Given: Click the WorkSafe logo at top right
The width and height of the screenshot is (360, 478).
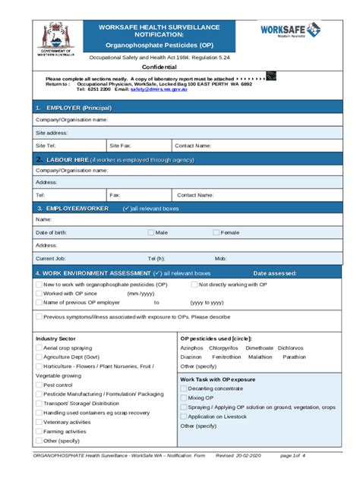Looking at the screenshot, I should coord(291,30).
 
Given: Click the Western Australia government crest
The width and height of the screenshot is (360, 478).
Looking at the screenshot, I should coord(55,36).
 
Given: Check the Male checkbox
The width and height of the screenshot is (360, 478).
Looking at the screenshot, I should coord(150,232).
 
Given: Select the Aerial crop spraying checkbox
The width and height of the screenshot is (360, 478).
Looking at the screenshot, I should coord(39,347).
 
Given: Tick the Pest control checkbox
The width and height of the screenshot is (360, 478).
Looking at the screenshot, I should coord(39,385).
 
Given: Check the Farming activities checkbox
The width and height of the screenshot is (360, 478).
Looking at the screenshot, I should coord(39,431).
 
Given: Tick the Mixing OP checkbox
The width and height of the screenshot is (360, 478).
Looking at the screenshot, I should coord(183,398).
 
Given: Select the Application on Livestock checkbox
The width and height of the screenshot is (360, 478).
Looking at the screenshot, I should coord(183,416).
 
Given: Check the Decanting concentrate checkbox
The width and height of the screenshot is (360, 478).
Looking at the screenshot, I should coord(183,388).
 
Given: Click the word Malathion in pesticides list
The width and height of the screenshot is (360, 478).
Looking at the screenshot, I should coord(260,356).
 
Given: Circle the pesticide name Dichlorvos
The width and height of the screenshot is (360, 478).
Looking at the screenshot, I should coord(290,347).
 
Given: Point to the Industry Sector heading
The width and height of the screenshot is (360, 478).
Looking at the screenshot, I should coord(55,338).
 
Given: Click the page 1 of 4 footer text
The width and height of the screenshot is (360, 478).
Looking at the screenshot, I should coord(292,455).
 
